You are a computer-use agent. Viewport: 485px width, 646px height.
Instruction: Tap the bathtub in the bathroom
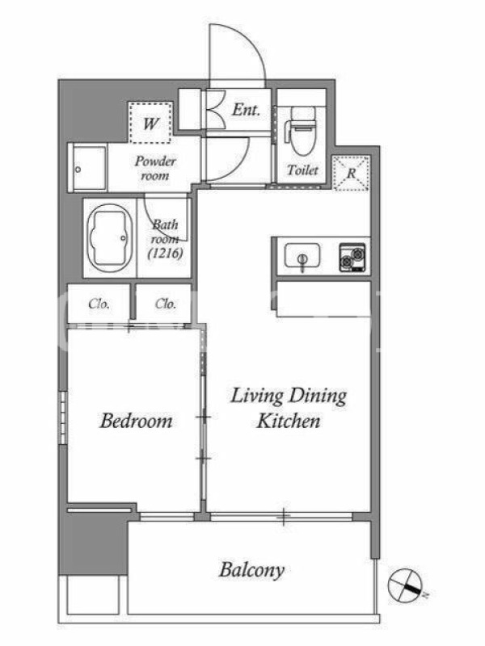tap(109, 238)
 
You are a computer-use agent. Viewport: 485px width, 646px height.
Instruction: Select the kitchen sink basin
tap(302, 255)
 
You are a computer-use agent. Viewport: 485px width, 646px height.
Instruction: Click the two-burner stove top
tap(352, 258)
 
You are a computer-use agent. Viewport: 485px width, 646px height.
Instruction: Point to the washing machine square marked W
tap(150, 123)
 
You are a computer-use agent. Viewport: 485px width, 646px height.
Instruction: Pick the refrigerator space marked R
tap(351, 173)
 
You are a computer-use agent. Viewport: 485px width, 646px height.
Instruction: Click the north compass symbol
tap(406, 584)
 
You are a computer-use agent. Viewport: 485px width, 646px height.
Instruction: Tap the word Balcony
tap(251, 570)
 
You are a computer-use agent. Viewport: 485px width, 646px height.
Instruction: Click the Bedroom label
tap(136, 421)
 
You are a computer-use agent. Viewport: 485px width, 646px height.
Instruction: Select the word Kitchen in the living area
tap(289, 421)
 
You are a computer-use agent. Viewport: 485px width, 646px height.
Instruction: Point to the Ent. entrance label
tap(247, 110)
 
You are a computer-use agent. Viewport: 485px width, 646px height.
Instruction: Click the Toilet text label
tap(302, 170)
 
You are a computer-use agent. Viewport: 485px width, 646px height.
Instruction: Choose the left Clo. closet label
tap(99, 304)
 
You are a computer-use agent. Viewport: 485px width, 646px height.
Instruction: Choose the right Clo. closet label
tap(166, 304)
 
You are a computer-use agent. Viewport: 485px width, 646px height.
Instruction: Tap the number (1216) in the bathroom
tap(165, 253)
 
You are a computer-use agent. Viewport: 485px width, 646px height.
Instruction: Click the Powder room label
tap(154, 168)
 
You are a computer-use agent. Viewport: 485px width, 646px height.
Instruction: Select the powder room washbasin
tap(87, 168)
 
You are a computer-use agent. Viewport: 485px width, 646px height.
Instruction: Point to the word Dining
tap(317, 396)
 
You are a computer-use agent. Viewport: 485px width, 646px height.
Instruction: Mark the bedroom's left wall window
tap(63, 417)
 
